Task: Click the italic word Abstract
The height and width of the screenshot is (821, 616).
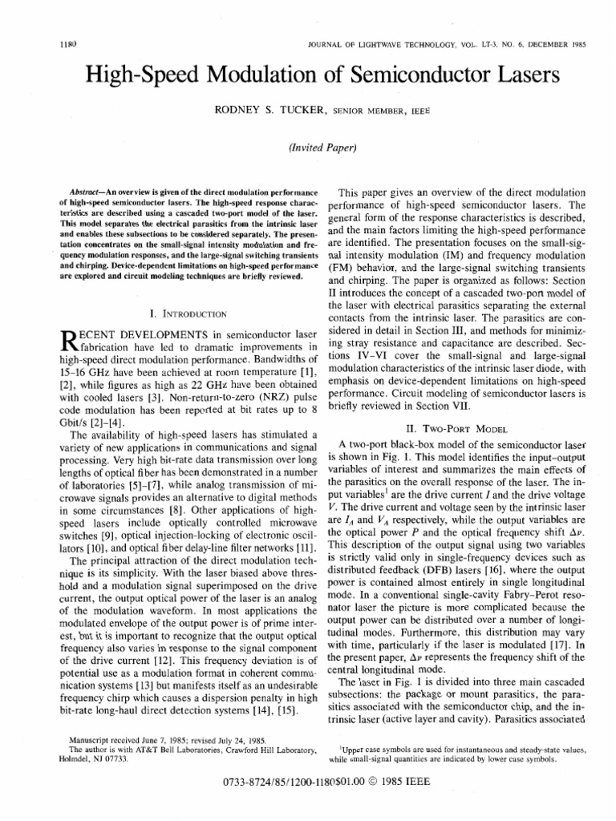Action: [x=87, y=193]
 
